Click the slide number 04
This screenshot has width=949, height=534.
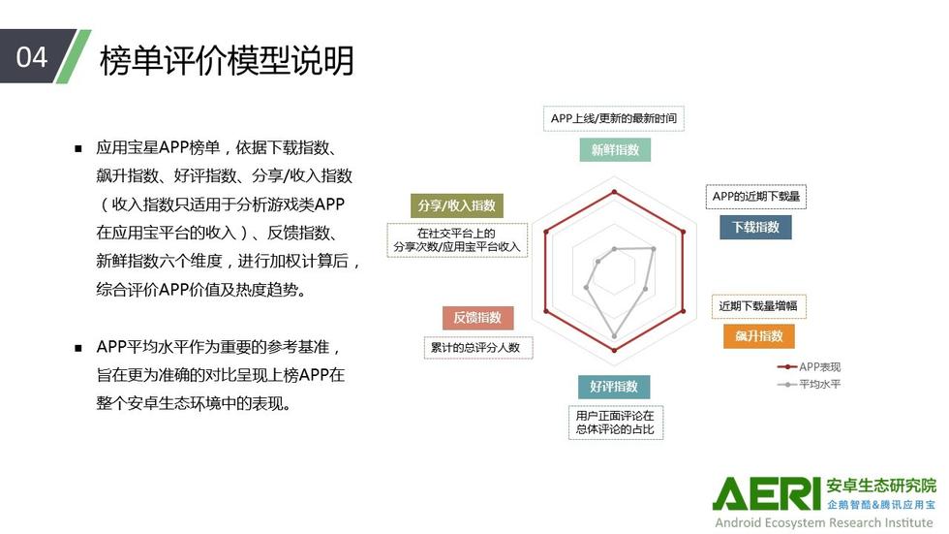31,57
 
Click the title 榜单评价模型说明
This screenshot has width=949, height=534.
227,60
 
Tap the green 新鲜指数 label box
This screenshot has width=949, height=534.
615,149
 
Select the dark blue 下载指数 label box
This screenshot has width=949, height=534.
755,227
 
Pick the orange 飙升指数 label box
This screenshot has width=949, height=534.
759,336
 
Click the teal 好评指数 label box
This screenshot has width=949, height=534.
614,387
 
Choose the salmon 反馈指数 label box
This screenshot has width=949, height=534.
477,317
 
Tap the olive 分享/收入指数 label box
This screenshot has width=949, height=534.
457,205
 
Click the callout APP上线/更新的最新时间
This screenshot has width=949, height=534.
614,118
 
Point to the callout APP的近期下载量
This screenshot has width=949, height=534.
756,196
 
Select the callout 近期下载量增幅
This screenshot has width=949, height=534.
758,305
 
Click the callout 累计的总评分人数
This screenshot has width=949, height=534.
478,348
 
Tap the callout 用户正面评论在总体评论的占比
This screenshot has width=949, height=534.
616,422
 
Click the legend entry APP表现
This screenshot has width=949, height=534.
810,367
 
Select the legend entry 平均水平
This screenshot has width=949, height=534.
810,384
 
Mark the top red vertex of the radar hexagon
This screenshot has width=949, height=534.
614,192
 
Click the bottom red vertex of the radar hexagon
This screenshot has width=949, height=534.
614,350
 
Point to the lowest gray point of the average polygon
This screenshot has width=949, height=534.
614,336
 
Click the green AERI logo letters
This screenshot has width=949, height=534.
766,494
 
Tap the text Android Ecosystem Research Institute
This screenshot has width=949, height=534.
824,522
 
